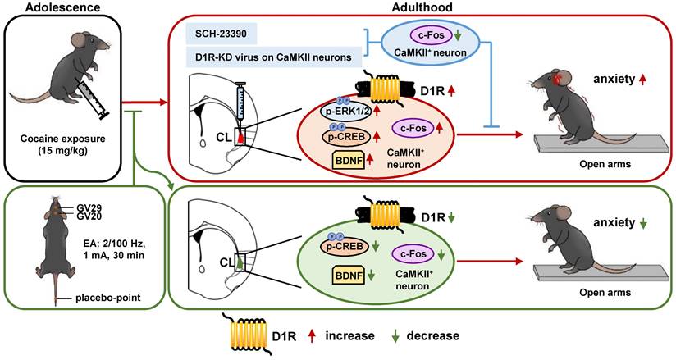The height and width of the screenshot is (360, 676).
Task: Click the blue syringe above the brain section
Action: coord(242,109)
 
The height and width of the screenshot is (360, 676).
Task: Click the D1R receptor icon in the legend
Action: coord(254,336)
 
